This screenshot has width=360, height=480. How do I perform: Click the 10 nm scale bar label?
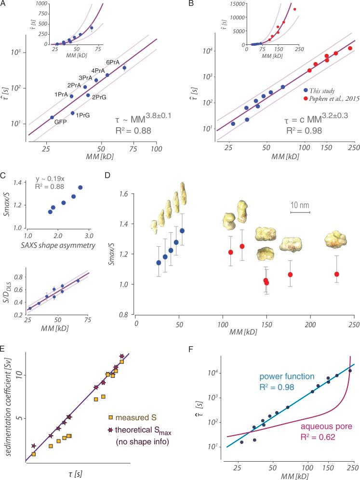point(300,204)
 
